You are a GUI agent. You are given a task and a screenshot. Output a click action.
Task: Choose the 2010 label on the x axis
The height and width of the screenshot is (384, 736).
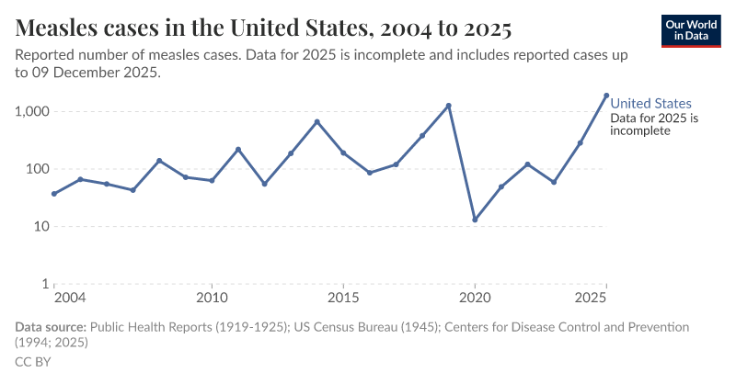click(212, 299)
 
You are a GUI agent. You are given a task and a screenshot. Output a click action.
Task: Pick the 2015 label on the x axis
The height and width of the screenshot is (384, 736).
click(343, 299)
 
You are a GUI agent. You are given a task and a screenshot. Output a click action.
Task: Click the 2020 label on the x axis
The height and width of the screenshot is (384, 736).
click(475, 299)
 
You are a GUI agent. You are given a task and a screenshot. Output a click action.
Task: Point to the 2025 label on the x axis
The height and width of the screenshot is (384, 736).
click(589, 299)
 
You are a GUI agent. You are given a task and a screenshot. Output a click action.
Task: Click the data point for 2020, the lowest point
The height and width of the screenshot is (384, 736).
click(475, 220)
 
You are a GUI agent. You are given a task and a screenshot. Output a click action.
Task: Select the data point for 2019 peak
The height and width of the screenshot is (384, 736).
click(448, 106)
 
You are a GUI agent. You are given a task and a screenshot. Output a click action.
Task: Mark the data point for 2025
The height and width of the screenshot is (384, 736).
click(606, 95)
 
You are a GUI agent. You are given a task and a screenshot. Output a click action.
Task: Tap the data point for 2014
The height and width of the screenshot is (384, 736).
click(316, 121)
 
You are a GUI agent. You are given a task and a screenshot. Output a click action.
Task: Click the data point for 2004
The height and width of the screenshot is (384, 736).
click(54, 194)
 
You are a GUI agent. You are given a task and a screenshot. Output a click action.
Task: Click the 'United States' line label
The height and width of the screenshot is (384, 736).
click(650, 104)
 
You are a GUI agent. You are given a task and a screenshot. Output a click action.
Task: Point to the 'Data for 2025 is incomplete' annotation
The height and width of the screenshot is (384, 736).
click(655, 125)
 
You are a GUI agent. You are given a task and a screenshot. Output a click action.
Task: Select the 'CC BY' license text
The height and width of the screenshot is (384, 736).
click(33, 362)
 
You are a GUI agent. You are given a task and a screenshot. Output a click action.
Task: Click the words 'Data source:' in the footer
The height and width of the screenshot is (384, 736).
click(51, 327)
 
